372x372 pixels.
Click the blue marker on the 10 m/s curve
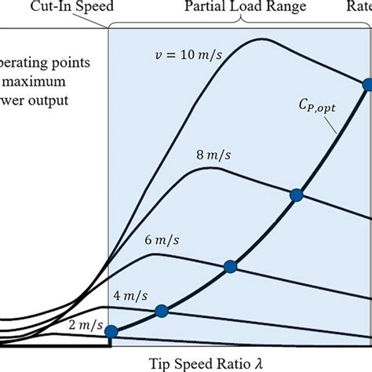[x=367, y=84]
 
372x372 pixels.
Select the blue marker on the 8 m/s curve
[x=296, y=195]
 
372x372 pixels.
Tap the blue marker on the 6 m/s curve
[x=230, y=267]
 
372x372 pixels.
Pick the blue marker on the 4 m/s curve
[x=162, y=311]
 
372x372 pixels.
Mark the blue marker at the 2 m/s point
[x=111, y=332]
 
